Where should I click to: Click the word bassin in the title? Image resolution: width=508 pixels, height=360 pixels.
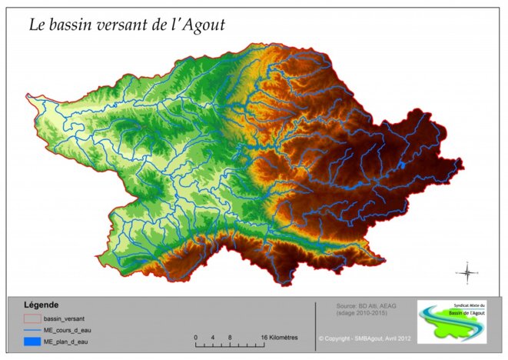[75, 25]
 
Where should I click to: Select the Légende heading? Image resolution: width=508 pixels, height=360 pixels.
[42, 305]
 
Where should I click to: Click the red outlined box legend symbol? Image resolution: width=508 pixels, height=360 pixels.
[32, 318]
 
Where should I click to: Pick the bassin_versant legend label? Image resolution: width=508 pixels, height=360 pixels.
[64, 318]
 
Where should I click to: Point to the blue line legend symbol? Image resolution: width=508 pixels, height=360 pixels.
[32, 329]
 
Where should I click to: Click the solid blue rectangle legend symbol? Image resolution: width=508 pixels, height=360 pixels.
[32, 341]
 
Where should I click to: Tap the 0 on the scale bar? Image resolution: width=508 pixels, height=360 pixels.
[196, 337]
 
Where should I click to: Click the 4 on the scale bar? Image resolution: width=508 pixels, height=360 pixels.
[212, 337]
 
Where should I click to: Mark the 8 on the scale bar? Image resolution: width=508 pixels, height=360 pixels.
[228, 337]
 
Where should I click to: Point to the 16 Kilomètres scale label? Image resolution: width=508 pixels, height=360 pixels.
[279, 337]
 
